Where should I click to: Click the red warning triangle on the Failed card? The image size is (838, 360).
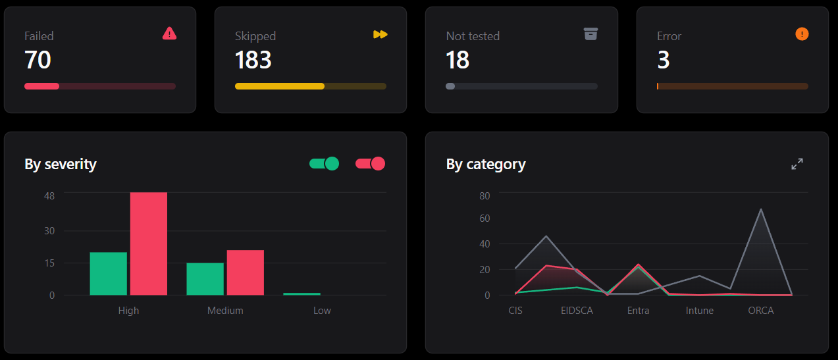(169, 34)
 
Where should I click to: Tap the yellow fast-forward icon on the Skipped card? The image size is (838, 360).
(380, 34)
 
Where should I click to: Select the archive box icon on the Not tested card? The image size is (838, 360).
(590, 34)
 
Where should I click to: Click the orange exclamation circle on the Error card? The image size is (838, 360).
(802, 34)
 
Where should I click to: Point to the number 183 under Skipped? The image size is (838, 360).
(253, 60)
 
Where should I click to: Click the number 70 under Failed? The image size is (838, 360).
(38, 60)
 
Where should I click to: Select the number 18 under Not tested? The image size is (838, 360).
(457, 60)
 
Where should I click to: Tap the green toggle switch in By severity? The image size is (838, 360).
(324, 164)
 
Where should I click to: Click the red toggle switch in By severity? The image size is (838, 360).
(370, 164)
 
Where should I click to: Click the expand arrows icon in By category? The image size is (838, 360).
(797, 164)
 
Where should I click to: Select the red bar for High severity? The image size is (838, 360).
(149, 244)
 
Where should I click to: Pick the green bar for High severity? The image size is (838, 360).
(109, 274)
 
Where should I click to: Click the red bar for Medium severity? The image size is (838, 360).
(246, 272)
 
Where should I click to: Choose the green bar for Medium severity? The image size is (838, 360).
(205, 279)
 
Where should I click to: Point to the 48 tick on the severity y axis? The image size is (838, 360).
(49, 196)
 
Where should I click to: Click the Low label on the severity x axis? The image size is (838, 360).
(322, 311)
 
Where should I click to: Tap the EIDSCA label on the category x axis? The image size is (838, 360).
(577, 311)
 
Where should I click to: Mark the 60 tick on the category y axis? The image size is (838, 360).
(484, 219)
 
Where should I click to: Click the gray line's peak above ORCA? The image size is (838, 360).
(761, 209)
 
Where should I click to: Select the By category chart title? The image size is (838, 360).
(486, 164)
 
